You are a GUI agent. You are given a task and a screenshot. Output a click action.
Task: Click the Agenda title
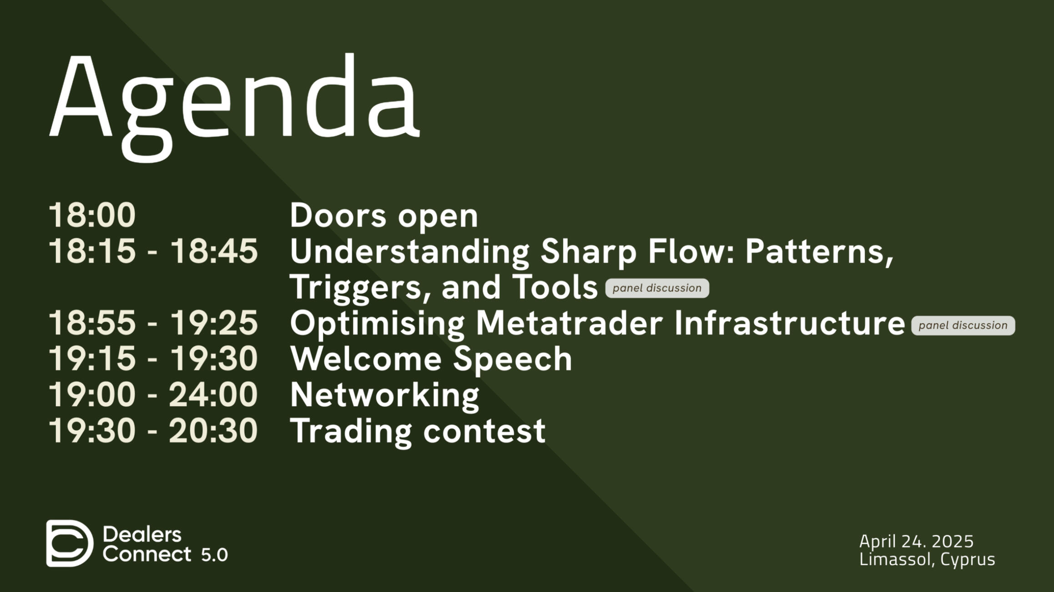point(234,107)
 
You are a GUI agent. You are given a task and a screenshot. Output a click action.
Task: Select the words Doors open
point(384,216)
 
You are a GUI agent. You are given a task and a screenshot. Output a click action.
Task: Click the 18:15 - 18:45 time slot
point(153,251)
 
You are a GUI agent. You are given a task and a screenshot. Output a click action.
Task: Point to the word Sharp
point(589,252)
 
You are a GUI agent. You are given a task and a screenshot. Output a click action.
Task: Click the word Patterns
point(819,251)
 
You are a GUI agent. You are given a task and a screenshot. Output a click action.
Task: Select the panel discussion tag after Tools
point(657,288)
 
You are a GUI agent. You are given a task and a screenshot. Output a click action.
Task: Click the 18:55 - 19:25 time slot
point(153,323)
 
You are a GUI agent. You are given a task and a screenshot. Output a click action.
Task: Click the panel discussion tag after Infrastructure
point(963,326)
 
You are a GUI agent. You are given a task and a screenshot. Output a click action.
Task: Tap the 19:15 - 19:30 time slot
point(153,359)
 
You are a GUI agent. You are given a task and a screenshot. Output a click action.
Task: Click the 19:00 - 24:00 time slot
point(153,394)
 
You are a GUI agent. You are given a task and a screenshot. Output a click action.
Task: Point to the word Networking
point(385,396)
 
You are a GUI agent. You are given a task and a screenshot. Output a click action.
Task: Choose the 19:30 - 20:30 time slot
point(153,430)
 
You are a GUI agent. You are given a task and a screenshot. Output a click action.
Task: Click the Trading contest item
point(418,431)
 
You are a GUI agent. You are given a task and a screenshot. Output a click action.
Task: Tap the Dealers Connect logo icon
point(70,543)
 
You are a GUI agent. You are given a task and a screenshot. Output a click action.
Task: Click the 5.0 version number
point(214,555)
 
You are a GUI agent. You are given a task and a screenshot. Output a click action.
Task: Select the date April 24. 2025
point(916,541)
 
